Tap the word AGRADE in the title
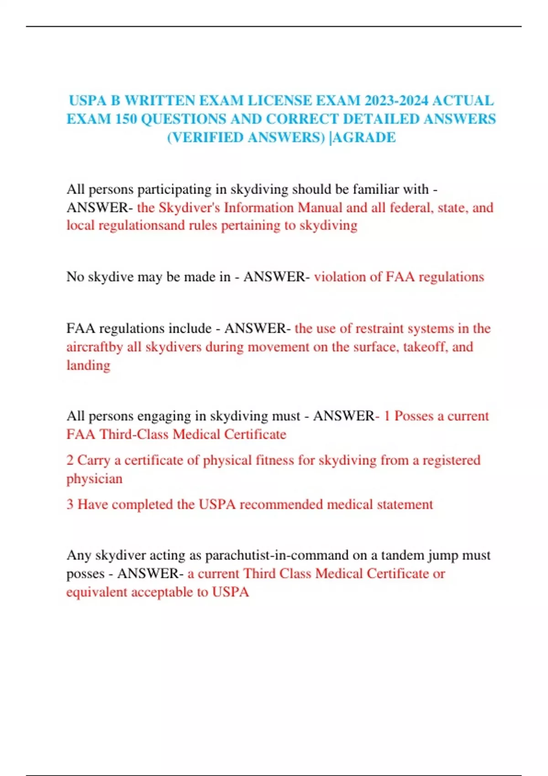pyautogui.click(x=364, y=137)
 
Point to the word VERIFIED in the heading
pyautogui.click(x=207, y=137)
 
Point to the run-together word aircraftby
pyautogui.click(x=95, y=347)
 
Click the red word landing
pyautogui.click(x=89, y=365)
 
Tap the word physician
pyautogui.click(x=95, y=479)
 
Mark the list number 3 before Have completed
pyautogui.click(x=70, y=504)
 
